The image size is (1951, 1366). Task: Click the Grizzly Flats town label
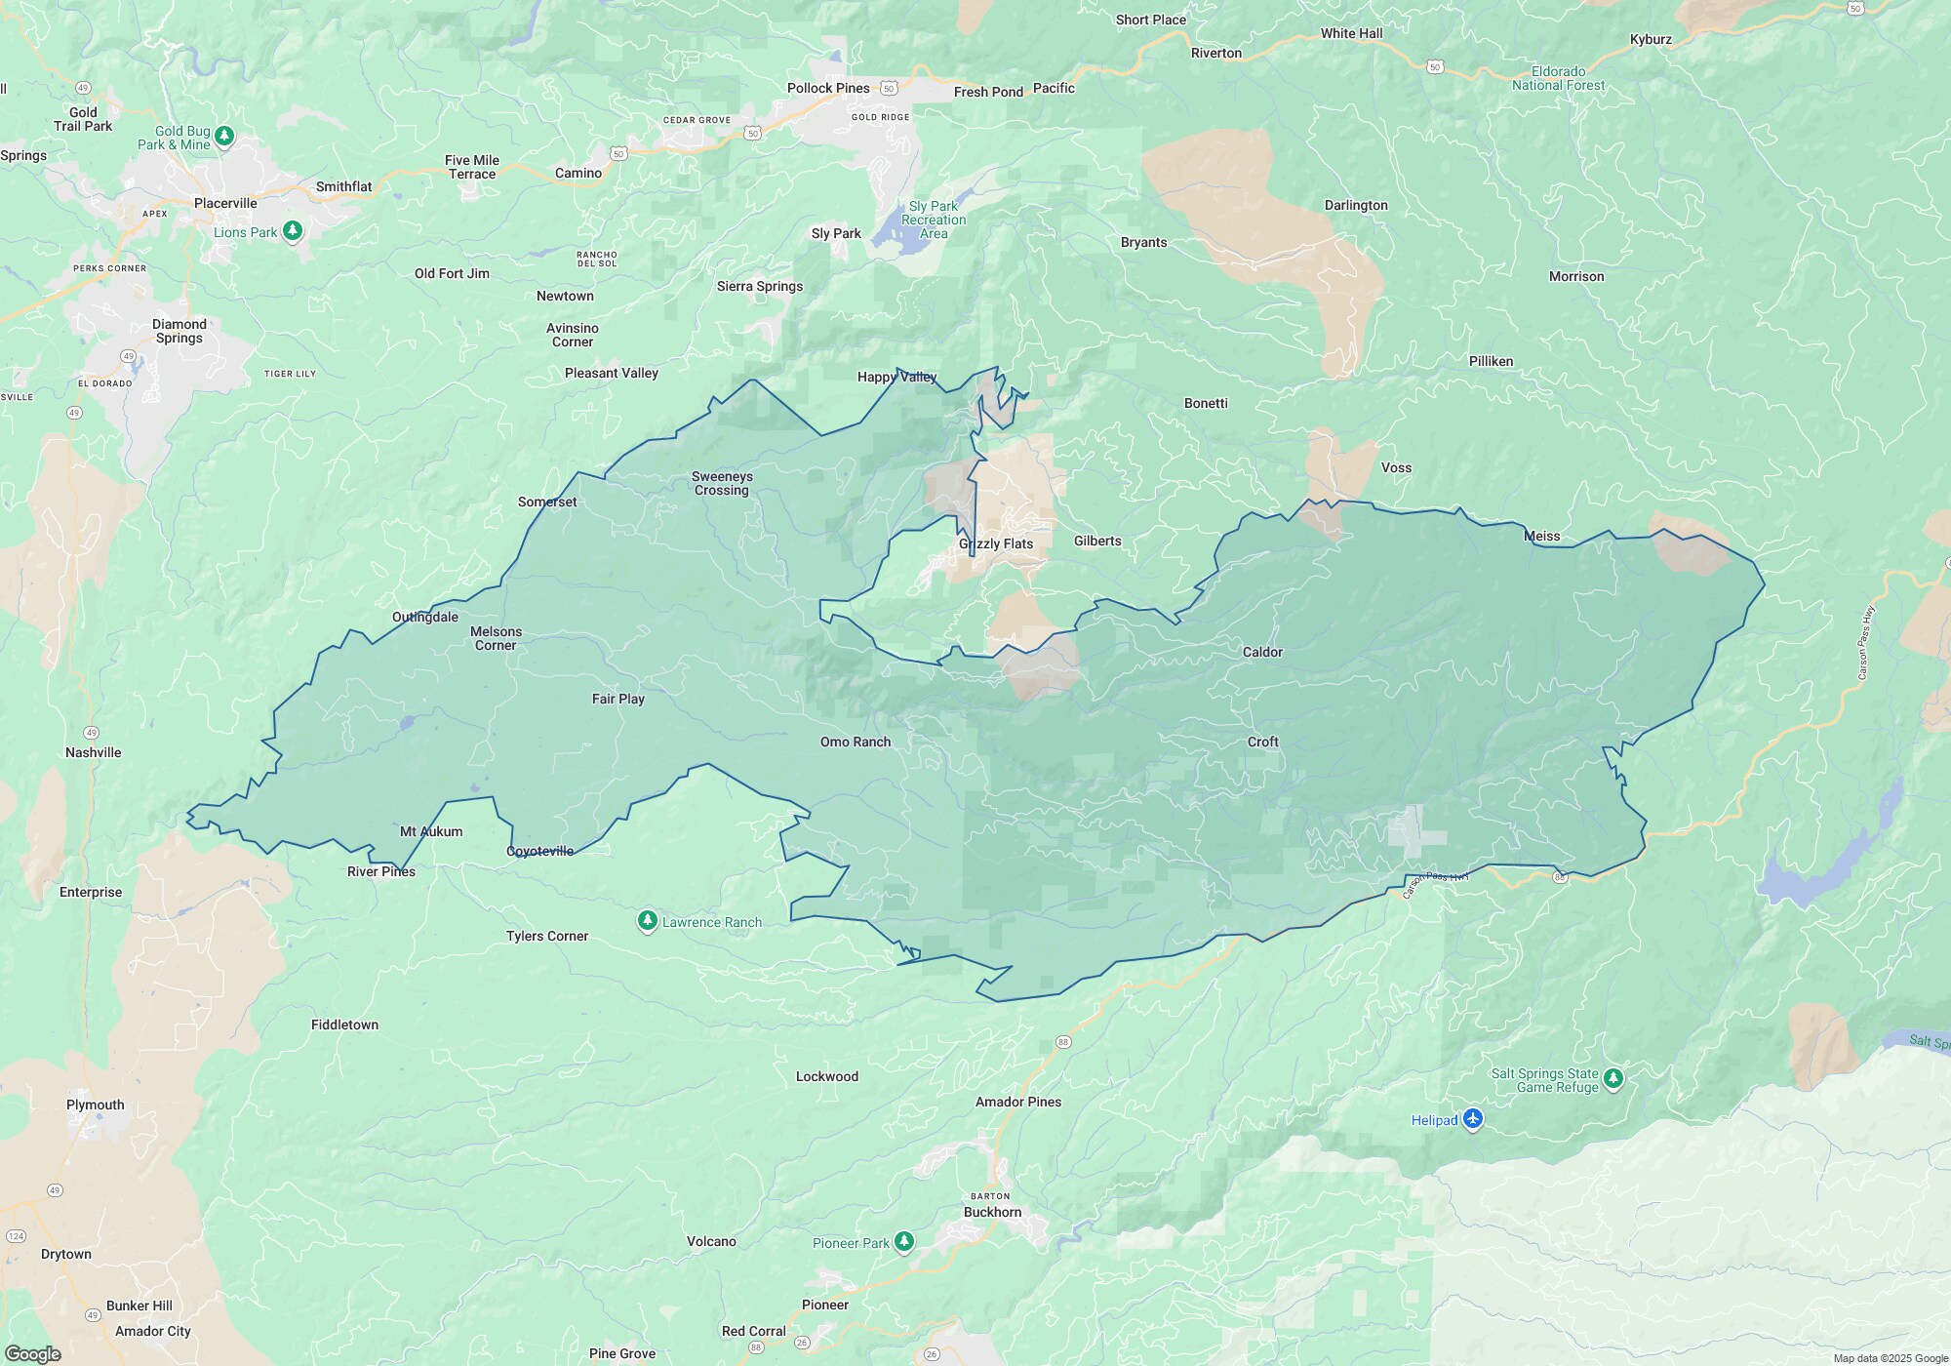(996, 544)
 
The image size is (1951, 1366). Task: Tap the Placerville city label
(225, 203)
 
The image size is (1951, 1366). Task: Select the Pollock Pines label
(828, 88)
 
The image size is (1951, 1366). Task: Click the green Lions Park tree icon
(292, 231)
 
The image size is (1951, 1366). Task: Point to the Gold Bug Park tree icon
(224, 135)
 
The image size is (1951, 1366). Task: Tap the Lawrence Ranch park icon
(647, 920)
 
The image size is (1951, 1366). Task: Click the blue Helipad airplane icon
(1473, 1119)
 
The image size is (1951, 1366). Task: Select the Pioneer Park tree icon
(904, 1241)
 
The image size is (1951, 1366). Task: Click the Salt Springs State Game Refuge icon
(1613, 1078)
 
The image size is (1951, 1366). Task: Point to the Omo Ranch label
(856, 742)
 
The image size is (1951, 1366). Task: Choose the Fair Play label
(618, 699)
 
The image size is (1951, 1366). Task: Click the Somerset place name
(547, 502)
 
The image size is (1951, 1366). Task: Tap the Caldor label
(1262, 652)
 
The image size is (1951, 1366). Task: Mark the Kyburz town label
(1651, 39)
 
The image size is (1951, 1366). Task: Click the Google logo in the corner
(32, 1354)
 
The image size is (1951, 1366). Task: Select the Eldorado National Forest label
(1558, 78)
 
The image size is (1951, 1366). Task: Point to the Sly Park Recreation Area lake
(893, 230)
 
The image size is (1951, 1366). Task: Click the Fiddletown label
(344, 1024)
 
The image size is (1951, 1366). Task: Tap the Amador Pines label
(1018, 1102)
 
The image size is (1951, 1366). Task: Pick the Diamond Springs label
(179, 331)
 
